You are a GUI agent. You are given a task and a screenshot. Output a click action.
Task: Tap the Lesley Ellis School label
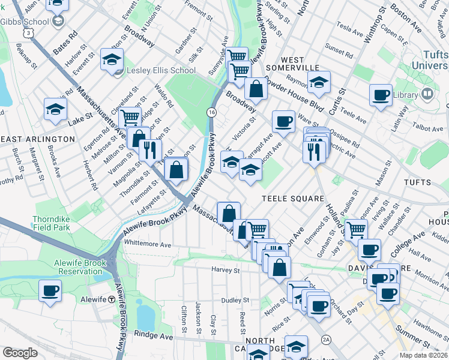click(x=161, y=70)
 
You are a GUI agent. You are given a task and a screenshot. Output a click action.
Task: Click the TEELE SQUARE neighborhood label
click(x=293, y=199)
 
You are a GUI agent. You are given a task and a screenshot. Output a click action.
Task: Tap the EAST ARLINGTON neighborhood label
click(x=38, y=139)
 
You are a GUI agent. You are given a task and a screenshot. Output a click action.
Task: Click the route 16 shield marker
click(x=211, y=112)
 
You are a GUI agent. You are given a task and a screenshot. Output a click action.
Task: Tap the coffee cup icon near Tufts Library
click(x=381, y=95)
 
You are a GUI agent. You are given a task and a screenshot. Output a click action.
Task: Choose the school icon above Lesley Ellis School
click(x=112, y=59)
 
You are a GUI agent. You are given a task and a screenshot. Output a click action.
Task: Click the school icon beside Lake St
click(x=55, y=109)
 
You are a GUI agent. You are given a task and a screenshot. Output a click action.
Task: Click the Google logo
click(x=19, y=353)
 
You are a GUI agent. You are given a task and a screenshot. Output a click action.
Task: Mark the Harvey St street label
click(x=225, y=271)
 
